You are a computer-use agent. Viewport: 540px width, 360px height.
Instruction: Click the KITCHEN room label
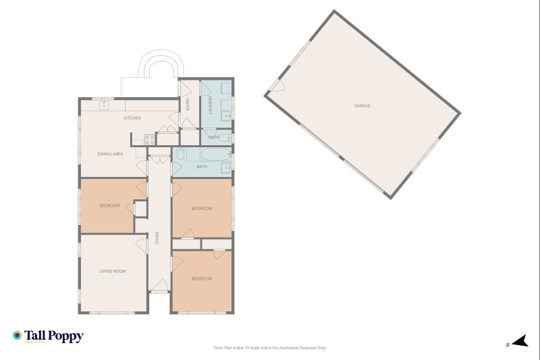click(132, 118)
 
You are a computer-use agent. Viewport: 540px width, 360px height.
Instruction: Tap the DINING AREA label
click(110, 154)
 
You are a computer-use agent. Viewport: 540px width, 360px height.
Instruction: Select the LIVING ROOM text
click(113, 272)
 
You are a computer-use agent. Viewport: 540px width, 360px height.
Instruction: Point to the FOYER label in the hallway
click(157, 238)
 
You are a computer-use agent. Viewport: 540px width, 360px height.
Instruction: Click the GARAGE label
click(362, 106)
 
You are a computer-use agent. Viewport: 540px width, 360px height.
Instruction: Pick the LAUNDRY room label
click(211, 105)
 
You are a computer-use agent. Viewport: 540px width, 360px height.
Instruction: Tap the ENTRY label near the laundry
click(188, 104)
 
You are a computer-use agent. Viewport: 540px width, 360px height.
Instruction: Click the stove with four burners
click(150, 140)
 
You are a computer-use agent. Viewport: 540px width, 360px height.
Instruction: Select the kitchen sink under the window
click(105, 105)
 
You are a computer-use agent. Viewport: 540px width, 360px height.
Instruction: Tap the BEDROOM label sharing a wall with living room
click(109, 206)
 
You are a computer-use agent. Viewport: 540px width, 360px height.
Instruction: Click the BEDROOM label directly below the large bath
click(202, 209)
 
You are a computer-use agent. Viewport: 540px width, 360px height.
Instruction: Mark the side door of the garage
click(276, 86)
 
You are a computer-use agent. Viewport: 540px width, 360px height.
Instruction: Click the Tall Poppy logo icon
click(17, 335)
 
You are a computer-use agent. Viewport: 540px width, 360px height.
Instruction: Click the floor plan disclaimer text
click(269, 348)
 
